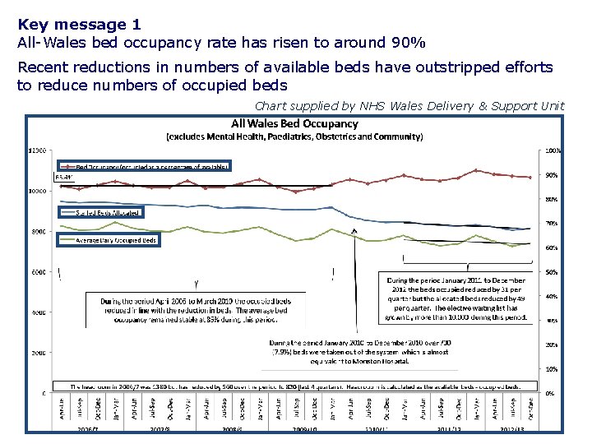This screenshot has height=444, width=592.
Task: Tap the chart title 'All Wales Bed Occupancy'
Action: pyautogui.click(x=294, y=124)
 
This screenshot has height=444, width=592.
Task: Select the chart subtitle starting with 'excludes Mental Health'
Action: pyautogui.click(x=294, y=136)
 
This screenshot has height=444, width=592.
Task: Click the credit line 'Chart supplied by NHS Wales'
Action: pyautogui.click(x=409, y=105)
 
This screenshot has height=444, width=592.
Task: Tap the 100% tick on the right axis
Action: pyautogui.click(x=553, y=150)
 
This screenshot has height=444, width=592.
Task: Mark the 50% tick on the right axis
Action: pyautogui.click(x=552, y=272)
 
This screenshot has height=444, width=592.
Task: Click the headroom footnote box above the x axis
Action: pyautogui.click(x=294, y=386)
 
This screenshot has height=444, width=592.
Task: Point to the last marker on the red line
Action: pyautogui.click(x=530, y=178)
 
